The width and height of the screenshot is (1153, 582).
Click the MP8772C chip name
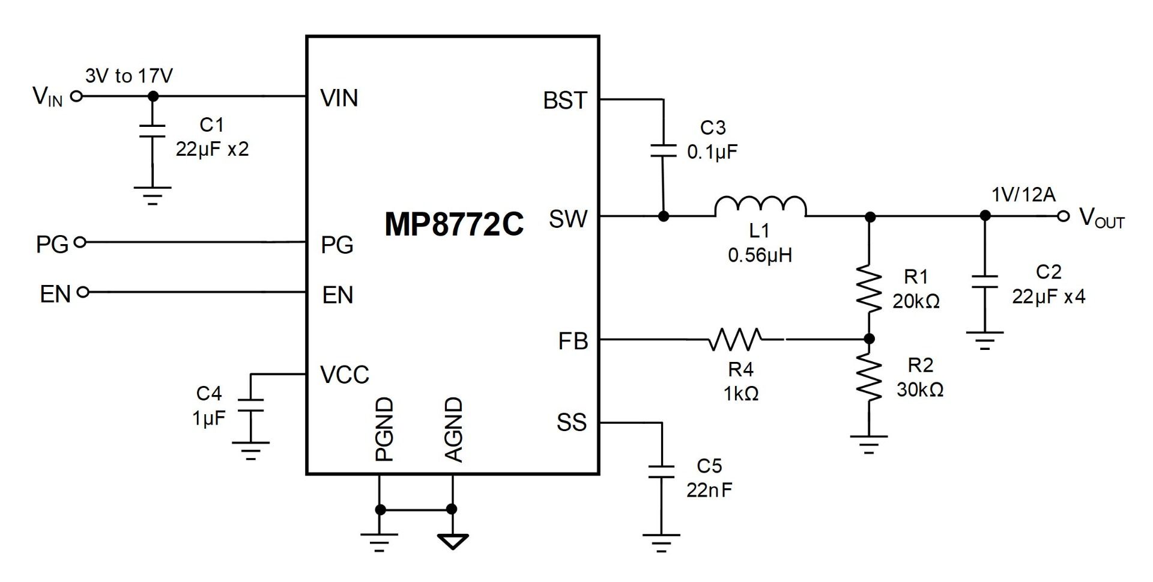454,224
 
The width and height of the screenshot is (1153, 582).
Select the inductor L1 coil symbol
760,206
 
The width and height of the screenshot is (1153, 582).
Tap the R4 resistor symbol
735,340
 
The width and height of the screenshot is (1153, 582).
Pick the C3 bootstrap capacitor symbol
664,150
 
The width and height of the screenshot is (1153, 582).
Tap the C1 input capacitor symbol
153,131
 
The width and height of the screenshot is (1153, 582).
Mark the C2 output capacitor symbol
985,281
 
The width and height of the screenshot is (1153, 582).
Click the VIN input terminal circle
76,96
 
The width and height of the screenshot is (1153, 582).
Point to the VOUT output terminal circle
1064,216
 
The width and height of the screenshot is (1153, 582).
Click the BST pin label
564,100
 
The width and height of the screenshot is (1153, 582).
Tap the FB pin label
573,342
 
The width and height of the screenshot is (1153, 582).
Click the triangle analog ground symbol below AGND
453,541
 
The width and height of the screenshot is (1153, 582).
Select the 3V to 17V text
129,76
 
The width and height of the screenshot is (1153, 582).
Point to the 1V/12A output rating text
1023,194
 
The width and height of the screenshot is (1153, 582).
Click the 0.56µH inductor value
760,255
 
